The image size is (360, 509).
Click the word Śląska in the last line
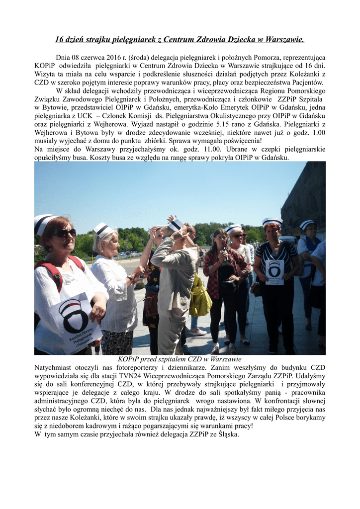pyautogui.click(x=227, y=434)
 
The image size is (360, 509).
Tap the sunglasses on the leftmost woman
pyautogui.click(x=65, y=233)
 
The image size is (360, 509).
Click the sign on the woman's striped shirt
pyautogui.click(x=274, y=271)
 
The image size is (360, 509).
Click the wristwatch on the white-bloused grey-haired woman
pyautogui.click(x=131, y=277)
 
